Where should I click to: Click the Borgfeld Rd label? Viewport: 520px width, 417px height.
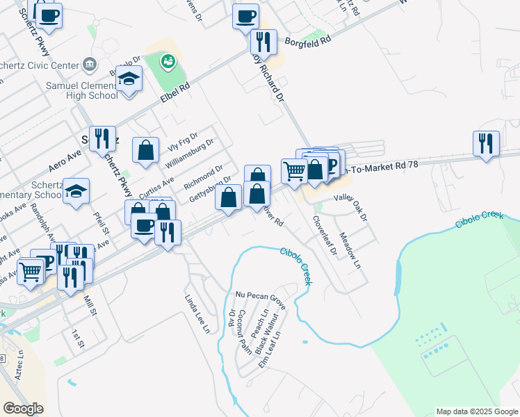coord(308,41)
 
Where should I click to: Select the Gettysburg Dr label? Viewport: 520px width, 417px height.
coord(209,189)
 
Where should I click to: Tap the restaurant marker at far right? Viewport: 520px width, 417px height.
coord(486,143)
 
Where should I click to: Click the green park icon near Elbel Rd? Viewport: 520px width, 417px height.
coord(167,63)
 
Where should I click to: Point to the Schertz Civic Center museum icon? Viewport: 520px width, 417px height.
coord(90,65)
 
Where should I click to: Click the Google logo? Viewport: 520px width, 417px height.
coord(23,409)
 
